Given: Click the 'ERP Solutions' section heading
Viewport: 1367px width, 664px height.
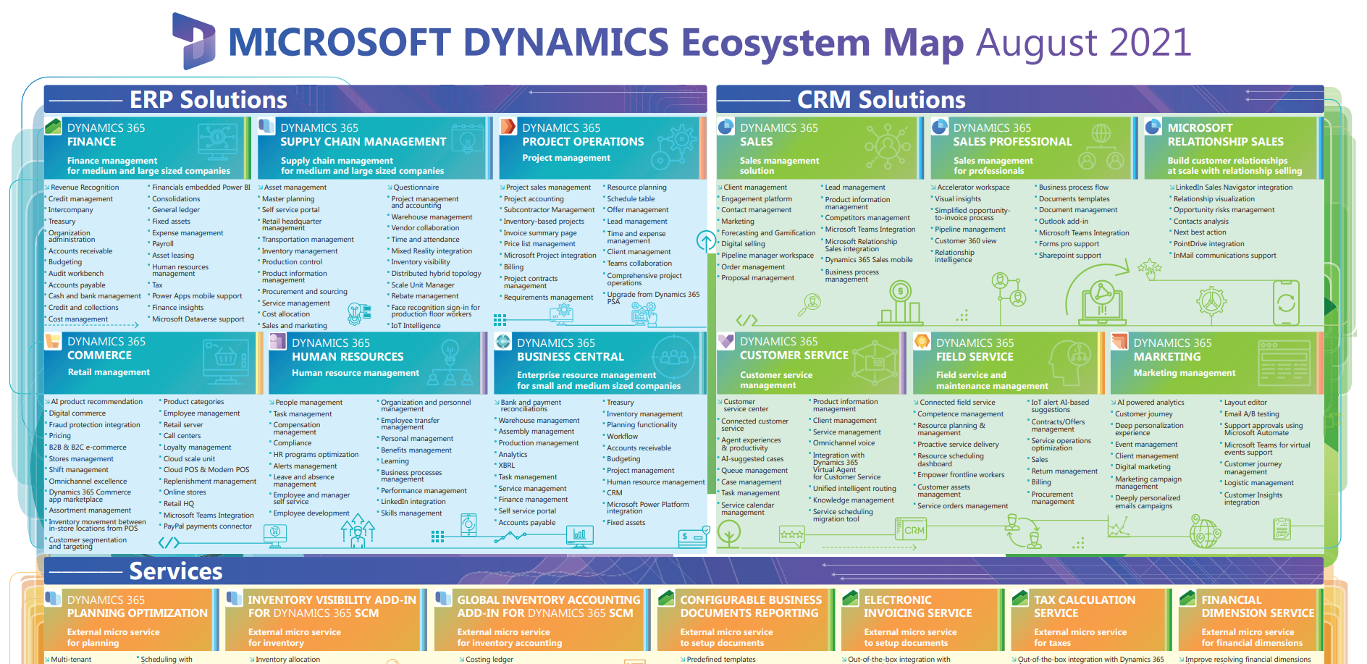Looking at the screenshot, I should (208, 99).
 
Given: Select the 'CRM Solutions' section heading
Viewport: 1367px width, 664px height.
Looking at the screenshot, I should (880, 99).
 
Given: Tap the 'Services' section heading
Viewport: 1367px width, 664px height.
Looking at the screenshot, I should (175, 571).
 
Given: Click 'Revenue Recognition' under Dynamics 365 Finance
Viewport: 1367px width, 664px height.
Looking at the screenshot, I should (84, 188).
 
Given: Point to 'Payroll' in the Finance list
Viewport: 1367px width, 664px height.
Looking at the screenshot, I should (163, 244).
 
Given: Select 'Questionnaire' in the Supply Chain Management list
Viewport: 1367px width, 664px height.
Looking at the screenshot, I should (416, 188).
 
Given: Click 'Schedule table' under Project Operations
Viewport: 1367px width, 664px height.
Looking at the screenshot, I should (630, 199).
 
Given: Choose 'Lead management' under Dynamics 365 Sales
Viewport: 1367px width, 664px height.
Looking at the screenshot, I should (854, 188).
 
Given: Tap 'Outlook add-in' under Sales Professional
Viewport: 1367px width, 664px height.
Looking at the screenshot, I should (1063, 222).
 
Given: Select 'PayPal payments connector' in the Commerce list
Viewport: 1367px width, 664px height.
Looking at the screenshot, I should (207, 526).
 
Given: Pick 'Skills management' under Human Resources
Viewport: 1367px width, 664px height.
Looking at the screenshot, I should (411, 513).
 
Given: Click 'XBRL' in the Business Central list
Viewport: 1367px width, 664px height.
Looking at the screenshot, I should (506, 466).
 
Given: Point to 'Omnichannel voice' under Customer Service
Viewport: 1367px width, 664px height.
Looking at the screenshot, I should (844, 443).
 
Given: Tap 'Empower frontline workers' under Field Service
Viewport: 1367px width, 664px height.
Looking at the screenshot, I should (960, 475).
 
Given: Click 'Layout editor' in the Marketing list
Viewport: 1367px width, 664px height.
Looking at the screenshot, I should (1245, 403).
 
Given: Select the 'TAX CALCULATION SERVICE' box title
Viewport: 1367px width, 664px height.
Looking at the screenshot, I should (1084, 606).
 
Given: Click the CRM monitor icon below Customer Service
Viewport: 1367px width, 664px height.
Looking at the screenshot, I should (910, 529).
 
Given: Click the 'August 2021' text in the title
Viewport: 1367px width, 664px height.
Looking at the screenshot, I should (1083, 42).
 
